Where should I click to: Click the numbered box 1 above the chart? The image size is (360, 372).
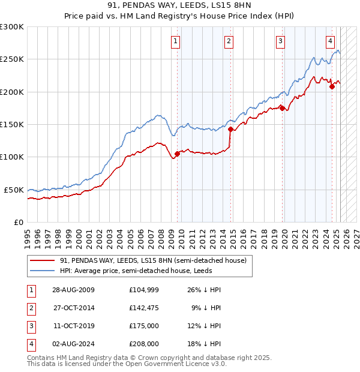click(x=175, y=41)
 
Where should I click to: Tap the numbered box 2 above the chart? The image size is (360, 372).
click(x=229, y=41)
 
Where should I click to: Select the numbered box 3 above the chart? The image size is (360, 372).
click(x=280, y=41)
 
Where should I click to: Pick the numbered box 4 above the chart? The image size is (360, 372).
click(x=330, y=41)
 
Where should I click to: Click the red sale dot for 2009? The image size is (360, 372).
click(x=177, y=154)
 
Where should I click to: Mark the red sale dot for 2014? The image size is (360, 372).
click(x=230, y=128)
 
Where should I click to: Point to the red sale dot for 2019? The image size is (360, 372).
click(x=282, y=108)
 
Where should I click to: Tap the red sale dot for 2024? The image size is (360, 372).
click(x=332, y=86)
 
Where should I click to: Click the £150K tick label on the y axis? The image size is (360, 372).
click(x=12, y=124)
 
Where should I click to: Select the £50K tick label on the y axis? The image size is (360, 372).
click(x=14, y=190)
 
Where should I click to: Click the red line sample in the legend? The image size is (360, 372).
click(x=43, y=260)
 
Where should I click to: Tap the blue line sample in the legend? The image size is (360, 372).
click(x=43, y=271)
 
